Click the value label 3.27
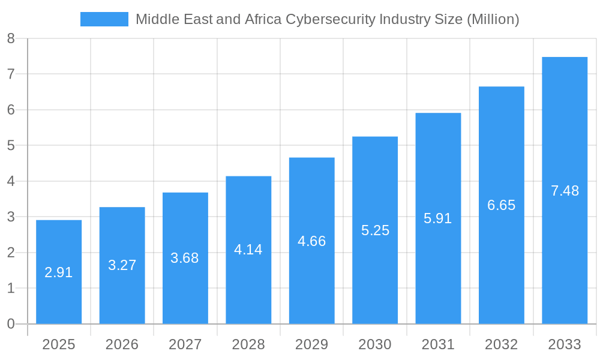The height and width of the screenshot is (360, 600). (x=122, y=265)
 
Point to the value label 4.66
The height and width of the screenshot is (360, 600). (x=312, y=241)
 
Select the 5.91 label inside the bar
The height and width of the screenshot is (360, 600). (x=438, y=218)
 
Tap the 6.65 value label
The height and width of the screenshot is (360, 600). (x=501, y=205)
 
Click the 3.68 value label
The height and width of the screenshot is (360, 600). (x=185, y=258)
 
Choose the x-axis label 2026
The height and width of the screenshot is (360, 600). (x=122, y=344)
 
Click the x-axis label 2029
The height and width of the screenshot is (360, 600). (x=312, y=344)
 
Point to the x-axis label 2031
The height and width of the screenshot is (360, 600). (x=438, y=344)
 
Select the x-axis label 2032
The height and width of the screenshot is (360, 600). (x=501, y=344)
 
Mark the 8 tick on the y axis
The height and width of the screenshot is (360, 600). (x=11, y=38)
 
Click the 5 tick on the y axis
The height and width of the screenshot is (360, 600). (x=11, y=145)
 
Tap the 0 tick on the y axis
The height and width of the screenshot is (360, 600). (x=11, y=324)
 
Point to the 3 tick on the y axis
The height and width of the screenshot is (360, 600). (x=11, y=217)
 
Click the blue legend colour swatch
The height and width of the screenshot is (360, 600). (x=104, y=19)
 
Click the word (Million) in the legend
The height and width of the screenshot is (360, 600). (x=493, y=19)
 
